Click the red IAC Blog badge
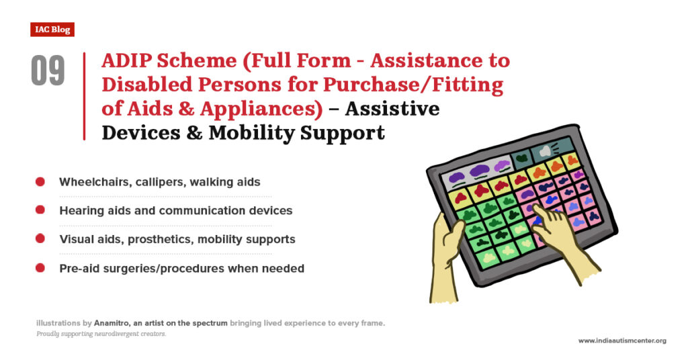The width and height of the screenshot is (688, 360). tap(52, 30)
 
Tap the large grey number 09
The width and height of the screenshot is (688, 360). tap(48, 72)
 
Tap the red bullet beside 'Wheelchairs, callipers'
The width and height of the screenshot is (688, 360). tap(40, 182)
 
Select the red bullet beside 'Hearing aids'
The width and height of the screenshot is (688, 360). tap(40, 210)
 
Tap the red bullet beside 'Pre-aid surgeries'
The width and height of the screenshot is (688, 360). tap(40, 268)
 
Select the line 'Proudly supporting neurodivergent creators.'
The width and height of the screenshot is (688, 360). tap(101, 334)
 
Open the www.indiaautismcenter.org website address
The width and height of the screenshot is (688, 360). tap(622, 341)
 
